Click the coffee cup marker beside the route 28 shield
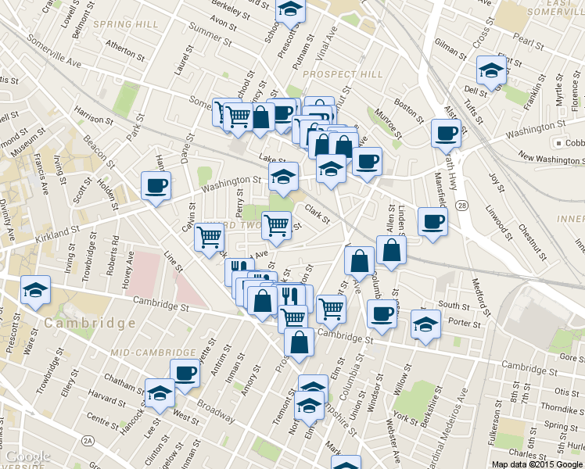[432, 222]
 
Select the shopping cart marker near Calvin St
[209, 236]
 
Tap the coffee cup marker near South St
[382, 315]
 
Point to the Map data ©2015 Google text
[536, 464]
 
